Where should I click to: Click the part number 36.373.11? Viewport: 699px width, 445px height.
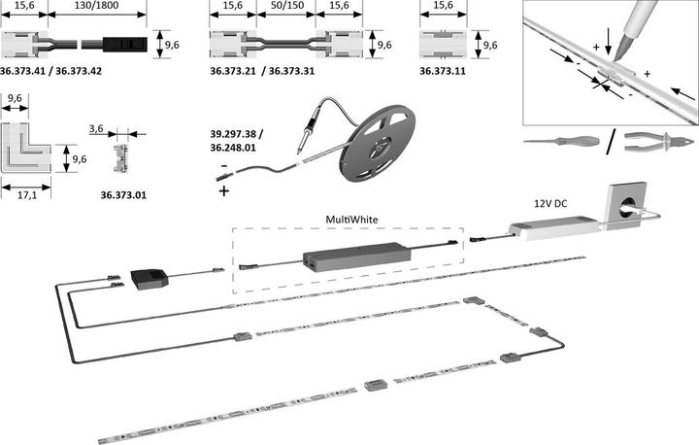(x=443, y=71)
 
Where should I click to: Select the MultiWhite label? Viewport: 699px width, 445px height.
(x=351, y=220)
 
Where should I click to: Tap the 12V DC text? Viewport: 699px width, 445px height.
(x=550, y=203)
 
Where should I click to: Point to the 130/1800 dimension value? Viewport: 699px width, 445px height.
(x=97, y=6)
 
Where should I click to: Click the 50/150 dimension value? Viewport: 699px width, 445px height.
(x=287, y=6)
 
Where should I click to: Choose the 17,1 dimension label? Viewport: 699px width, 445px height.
(x=27, y=195)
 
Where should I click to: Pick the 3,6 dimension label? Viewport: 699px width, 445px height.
(x=96, y=129)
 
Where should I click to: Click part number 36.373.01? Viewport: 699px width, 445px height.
(x=123, y=195)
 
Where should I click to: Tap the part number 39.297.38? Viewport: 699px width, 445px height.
(x=233, y=134)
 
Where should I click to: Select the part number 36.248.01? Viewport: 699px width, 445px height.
(x=233, y=148)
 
